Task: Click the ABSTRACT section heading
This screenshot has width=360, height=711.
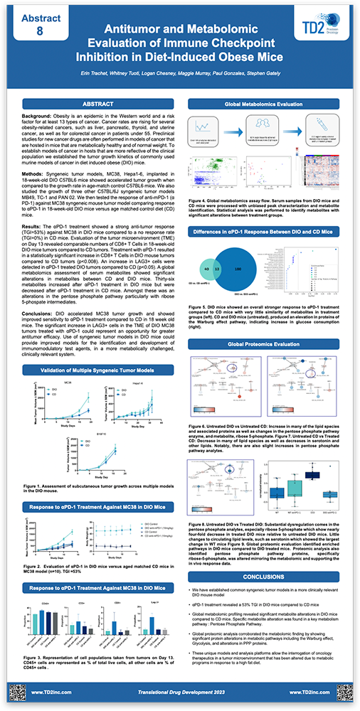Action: (x=94, y=105)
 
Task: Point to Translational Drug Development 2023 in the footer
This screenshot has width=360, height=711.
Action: (x=180, y=691)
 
